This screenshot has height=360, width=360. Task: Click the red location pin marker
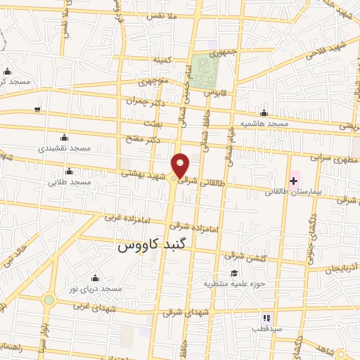(181, 165)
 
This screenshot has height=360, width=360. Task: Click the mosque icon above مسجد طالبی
(70, 171)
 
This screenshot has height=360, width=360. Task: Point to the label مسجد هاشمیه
(264, 124)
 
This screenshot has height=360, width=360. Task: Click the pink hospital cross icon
(293, 182)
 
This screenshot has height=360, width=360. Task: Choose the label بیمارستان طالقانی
(290, 192)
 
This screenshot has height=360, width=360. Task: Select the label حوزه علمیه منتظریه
(232, 284)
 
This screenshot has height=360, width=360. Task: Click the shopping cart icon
(37, 110)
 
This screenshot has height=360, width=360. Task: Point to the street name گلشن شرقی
(246, 257)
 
